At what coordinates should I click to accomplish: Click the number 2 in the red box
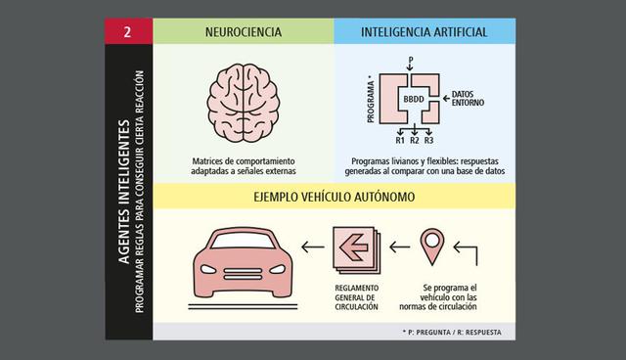127,32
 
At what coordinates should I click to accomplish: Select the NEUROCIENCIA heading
244,32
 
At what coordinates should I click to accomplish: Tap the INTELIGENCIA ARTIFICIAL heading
424,32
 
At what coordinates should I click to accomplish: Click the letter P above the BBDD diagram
411,62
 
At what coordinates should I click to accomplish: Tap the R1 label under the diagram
400,140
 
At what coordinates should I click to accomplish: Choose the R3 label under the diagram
428,140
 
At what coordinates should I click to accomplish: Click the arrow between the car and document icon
311,248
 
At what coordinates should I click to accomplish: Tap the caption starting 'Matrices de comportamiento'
244,165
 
